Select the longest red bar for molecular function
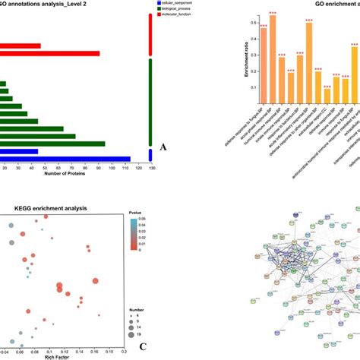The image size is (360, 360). pyautogui.click(x=50, y=53)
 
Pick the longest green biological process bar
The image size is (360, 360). pyautogui.click(x=52, y=143)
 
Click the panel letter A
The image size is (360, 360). pyautogui.click(x=163, y=149)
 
